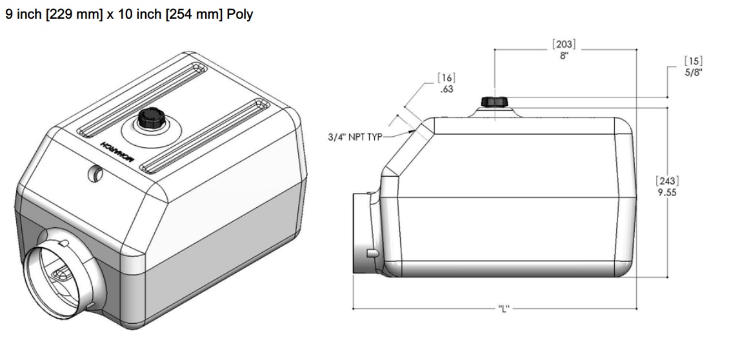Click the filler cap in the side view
point(495,102)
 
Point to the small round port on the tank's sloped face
point(96,174)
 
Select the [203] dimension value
point(564,45)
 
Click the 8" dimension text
point(564,55)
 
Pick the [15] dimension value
point(693,61)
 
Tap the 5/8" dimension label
point(694,73)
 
